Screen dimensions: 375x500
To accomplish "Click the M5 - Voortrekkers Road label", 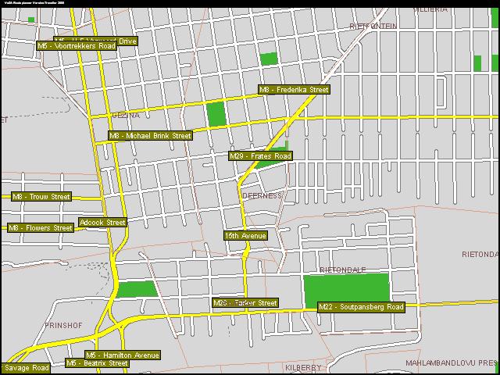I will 77,46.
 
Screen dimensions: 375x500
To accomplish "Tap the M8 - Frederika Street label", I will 294,90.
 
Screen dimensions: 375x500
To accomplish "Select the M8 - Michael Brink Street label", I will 150,136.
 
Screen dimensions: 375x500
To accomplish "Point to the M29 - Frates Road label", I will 260,156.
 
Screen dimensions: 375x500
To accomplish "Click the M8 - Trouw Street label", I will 41,197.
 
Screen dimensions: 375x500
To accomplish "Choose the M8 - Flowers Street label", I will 40,228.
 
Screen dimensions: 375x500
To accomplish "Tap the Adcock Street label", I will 102,223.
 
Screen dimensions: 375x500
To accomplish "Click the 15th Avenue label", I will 245,235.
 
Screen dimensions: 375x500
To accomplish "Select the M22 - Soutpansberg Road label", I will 362,307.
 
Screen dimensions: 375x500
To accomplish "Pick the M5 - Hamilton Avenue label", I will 123,355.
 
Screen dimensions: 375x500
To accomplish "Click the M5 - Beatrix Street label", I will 97,363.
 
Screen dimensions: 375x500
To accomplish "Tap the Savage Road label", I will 27,368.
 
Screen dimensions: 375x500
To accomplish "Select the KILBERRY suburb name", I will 303,367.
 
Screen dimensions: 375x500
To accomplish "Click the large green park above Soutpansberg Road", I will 345,289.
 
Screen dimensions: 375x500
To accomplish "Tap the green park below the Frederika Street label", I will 216,114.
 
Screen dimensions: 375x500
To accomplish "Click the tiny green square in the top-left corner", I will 31,20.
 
